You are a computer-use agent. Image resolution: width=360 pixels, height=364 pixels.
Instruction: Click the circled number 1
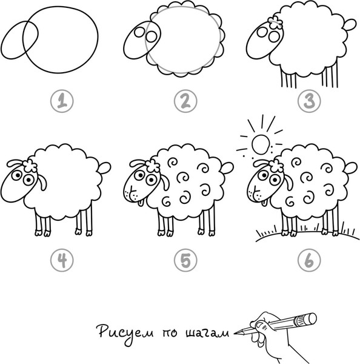(x=62, y=101)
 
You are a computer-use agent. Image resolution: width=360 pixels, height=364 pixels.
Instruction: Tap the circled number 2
(x=185, y=101)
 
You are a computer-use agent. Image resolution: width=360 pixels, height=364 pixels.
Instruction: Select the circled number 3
(x=309, y=101)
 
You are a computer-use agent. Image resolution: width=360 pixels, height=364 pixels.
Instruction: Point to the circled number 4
(x=62, y=260)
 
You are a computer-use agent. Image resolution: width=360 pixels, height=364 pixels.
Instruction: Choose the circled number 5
(x=185, y=260)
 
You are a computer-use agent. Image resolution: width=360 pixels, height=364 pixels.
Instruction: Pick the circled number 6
(x=309, y=260)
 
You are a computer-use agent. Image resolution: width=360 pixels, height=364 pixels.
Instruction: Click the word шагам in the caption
(x=207, y=333)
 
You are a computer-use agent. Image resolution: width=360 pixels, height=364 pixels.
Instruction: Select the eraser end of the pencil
(x=311, y=318)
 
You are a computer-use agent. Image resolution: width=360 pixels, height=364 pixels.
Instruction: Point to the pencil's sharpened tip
(x=235, y=334)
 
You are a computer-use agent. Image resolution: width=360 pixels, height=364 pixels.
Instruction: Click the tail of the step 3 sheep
(x=349, y=25)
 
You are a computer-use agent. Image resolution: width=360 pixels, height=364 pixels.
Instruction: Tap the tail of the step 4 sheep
(x=104, y=168)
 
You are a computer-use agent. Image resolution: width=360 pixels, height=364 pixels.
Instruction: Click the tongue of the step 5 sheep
(x=141, y=203)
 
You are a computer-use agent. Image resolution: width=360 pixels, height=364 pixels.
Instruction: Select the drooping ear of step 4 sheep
(x=42, y=183)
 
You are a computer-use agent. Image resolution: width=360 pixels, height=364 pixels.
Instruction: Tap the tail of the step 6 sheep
(x=350, y=168)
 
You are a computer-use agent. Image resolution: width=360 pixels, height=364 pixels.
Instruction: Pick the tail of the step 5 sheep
(x=227, y=168)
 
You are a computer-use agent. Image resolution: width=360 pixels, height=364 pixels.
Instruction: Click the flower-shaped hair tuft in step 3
(x=275, y=22)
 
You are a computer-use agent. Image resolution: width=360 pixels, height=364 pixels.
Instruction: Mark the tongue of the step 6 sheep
(x=264, y=203)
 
